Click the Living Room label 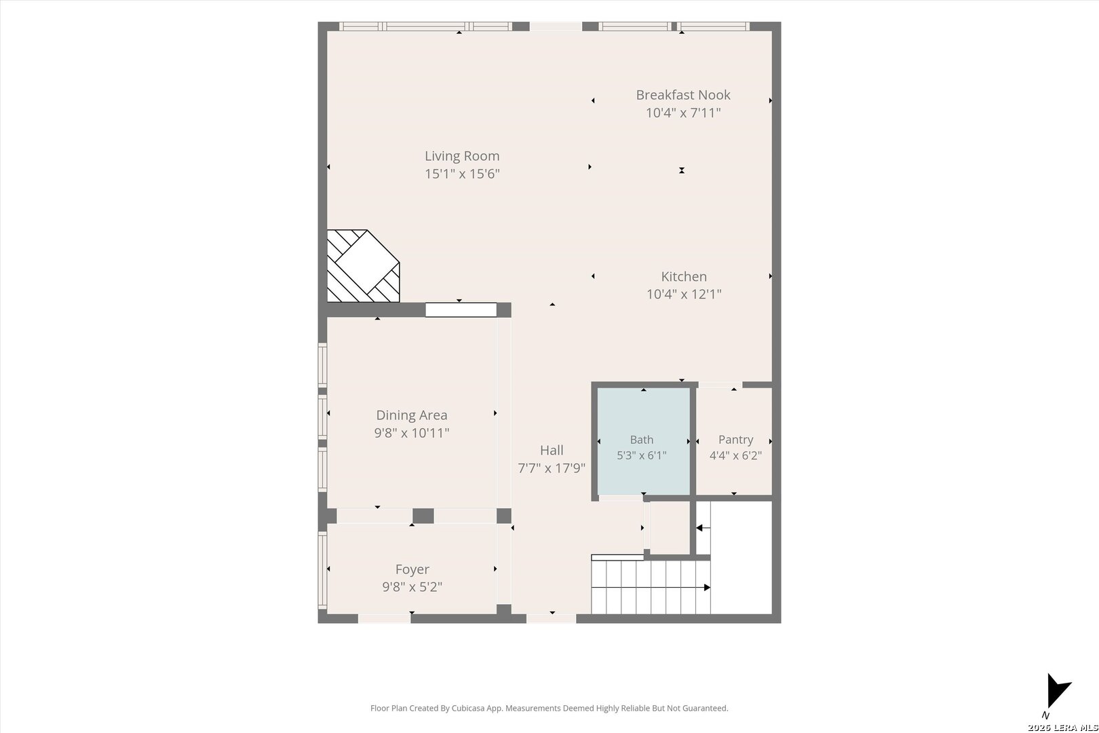click(x=462, y=156)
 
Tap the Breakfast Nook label click(x=683, y=95)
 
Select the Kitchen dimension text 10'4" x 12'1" click(x=684, y=294)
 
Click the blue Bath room click(x=644, y=441)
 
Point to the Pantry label click(x=735, y=439)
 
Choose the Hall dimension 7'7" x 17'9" click(x=552, y=468)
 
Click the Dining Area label click(x=412, y=415)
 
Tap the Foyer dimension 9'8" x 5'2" click(x=412, y=586)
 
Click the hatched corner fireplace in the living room click(x=364, y=265)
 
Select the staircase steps click(x=651, y=587)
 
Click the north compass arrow click(x=1058, y=691)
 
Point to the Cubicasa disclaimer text click(x=549, y=708)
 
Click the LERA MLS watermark click(x=1062, y=728)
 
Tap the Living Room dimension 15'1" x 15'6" click(x=462, y=174)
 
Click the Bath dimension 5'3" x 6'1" click(x=641, y=455)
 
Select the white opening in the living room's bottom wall click(x=461, y=310)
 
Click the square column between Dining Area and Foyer click(x=423, y=516)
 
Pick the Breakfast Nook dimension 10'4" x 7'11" click(x=683, y=113)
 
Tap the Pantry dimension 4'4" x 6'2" click(x=735, y=455)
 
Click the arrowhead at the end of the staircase click(x=708, y=588)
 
